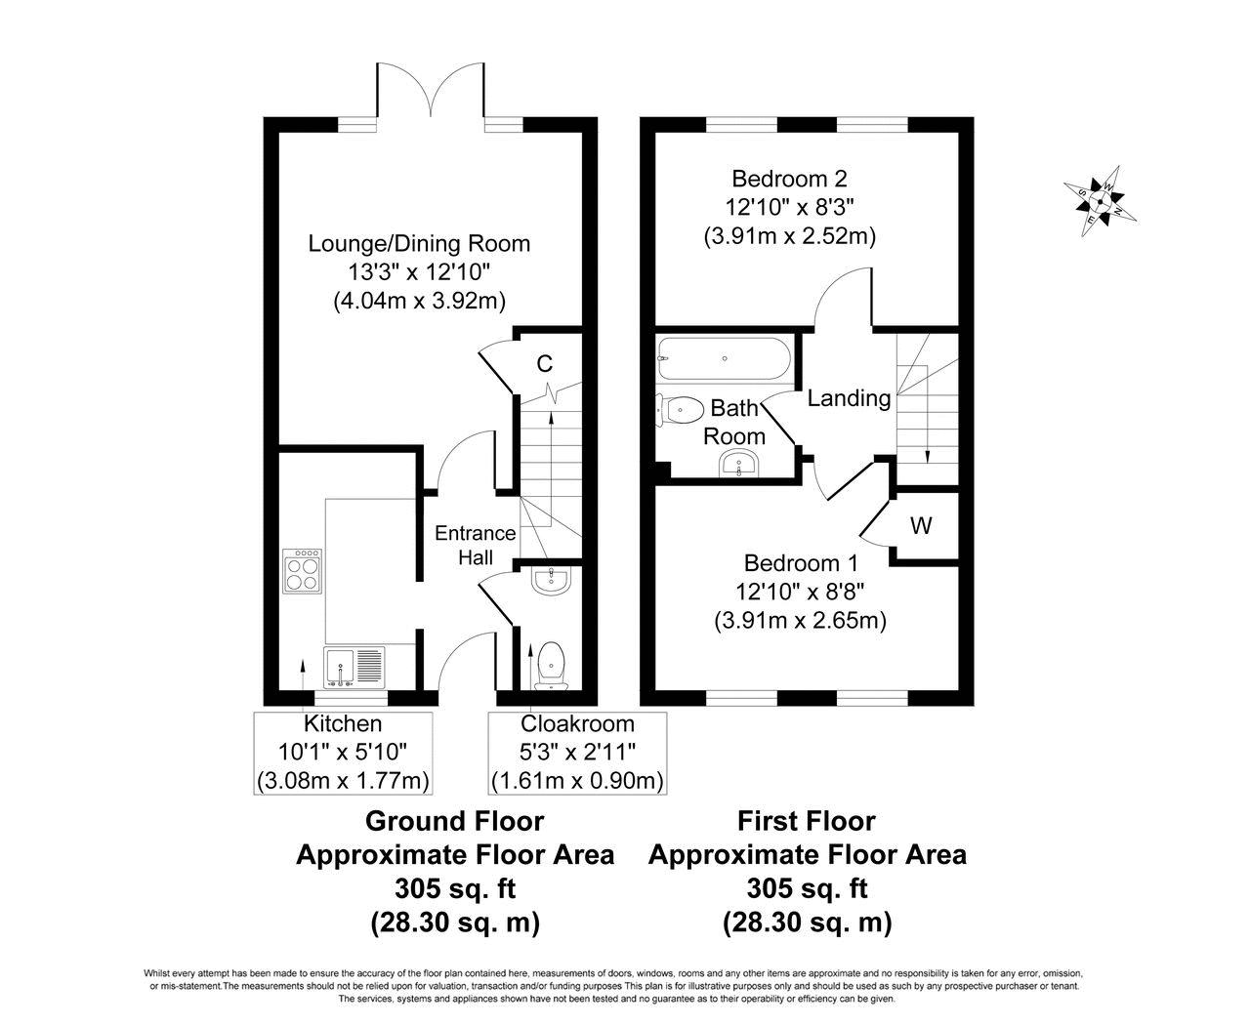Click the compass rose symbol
click(1099, 201)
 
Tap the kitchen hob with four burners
click(303, 570)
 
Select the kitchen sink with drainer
click(354, 667)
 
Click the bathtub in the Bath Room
click(724, 358)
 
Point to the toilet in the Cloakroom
click(551, 666)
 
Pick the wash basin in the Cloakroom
click(551, 580)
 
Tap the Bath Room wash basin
click(738, 463)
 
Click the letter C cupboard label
click(544, 363)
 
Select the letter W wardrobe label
click(921, 525)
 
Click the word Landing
click(849, 398)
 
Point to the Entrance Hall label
click(476, 545)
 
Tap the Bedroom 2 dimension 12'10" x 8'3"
click(789, 207)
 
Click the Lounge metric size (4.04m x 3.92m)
click(420, 302)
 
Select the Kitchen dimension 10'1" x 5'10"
click(343, 752)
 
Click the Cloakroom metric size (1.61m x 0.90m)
click(577, 781)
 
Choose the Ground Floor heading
click(455, 821)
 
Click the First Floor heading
click(807, 821)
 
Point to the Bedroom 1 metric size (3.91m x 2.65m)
click(800, 620)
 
